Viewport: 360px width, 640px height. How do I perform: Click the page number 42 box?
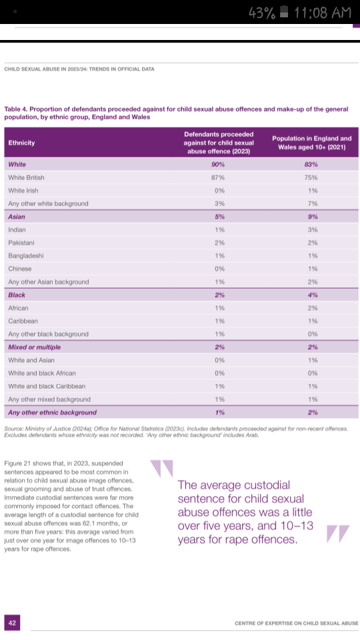[12, 623]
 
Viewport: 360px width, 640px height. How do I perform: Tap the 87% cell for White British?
[219, 177]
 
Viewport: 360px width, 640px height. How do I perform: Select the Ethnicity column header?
[21, 143]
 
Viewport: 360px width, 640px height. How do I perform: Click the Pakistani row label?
[21, 243]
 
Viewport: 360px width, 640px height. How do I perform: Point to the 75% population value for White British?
[313, 177]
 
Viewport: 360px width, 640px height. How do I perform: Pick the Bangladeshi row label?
[26, 255]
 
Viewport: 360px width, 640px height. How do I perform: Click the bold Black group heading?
[17, 295]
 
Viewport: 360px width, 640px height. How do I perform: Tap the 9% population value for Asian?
[313, 217]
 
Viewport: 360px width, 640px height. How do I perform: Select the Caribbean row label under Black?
[23, 321]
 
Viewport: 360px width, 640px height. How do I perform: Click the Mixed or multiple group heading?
[34, 347]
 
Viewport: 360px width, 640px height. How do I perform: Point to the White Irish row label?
[23, 191]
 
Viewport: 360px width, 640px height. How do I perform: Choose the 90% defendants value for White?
[219, 165]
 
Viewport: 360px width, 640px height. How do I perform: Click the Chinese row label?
[19, 269]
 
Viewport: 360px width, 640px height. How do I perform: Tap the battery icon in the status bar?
[285, 12]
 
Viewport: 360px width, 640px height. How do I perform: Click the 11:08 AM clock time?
[323, 12]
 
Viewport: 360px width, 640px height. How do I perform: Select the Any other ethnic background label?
[52, 412]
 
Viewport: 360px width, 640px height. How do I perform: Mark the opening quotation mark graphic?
[161, 469]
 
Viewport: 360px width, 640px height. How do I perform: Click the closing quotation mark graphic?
[338, 534]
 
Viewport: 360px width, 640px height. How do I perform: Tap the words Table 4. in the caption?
[16, 109]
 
